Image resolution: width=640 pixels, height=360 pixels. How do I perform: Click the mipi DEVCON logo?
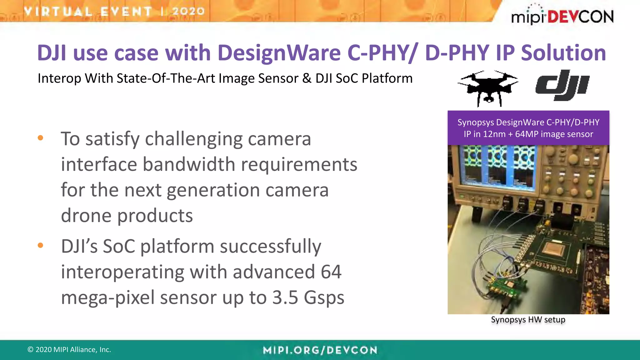tap(562, 16)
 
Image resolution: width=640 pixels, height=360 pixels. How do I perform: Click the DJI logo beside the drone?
tap(562, 85)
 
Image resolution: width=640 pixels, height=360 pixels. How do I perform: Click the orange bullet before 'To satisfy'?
tap(40, 138)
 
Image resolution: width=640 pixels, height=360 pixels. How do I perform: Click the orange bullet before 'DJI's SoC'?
tap(40, 245)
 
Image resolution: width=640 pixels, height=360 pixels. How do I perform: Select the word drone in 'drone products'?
tap(86, 216)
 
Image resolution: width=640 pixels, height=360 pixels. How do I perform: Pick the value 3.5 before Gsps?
tap(285, 297)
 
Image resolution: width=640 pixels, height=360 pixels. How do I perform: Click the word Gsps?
tap(324, 298)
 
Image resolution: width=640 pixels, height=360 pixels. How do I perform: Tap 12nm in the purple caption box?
tap(494, 134)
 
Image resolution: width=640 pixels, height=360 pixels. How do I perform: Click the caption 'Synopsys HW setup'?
tap(528, 320)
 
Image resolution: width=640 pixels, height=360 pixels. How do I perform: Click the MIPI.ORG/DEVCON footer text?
tap(320, 350)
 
